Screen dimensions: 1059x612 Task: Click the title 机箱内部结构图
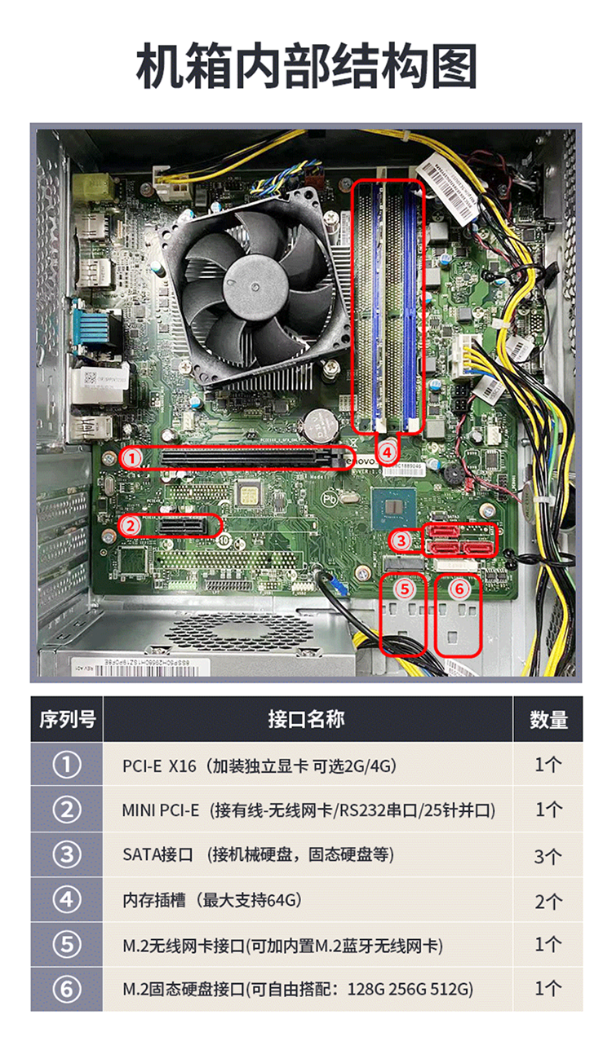point(306,67)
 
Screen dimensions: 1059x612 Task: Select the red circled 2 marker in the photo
point(131,526)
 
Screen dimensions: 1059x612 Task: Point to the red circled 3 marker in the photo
point(401,540)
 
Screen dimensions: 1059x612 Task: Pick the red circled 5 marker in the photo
point(406,588)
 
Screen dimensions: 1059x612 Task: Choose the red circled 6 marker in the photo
point(459,588)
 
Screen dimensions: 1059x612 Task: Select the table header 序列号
point(67,719)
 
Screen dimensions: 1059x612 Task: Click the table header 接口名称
point(306,719)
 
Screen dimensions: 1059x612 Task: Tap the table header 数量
point(548,719)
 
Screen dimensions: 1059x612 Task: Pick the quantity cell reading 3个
point(548,856)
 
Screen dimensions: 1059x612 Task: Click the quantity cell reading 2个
point(548,901)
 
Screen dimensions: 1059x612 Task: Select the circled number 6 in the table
point(67,990)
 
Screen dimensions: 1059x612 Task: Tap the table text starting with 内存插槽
point(212,900)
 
